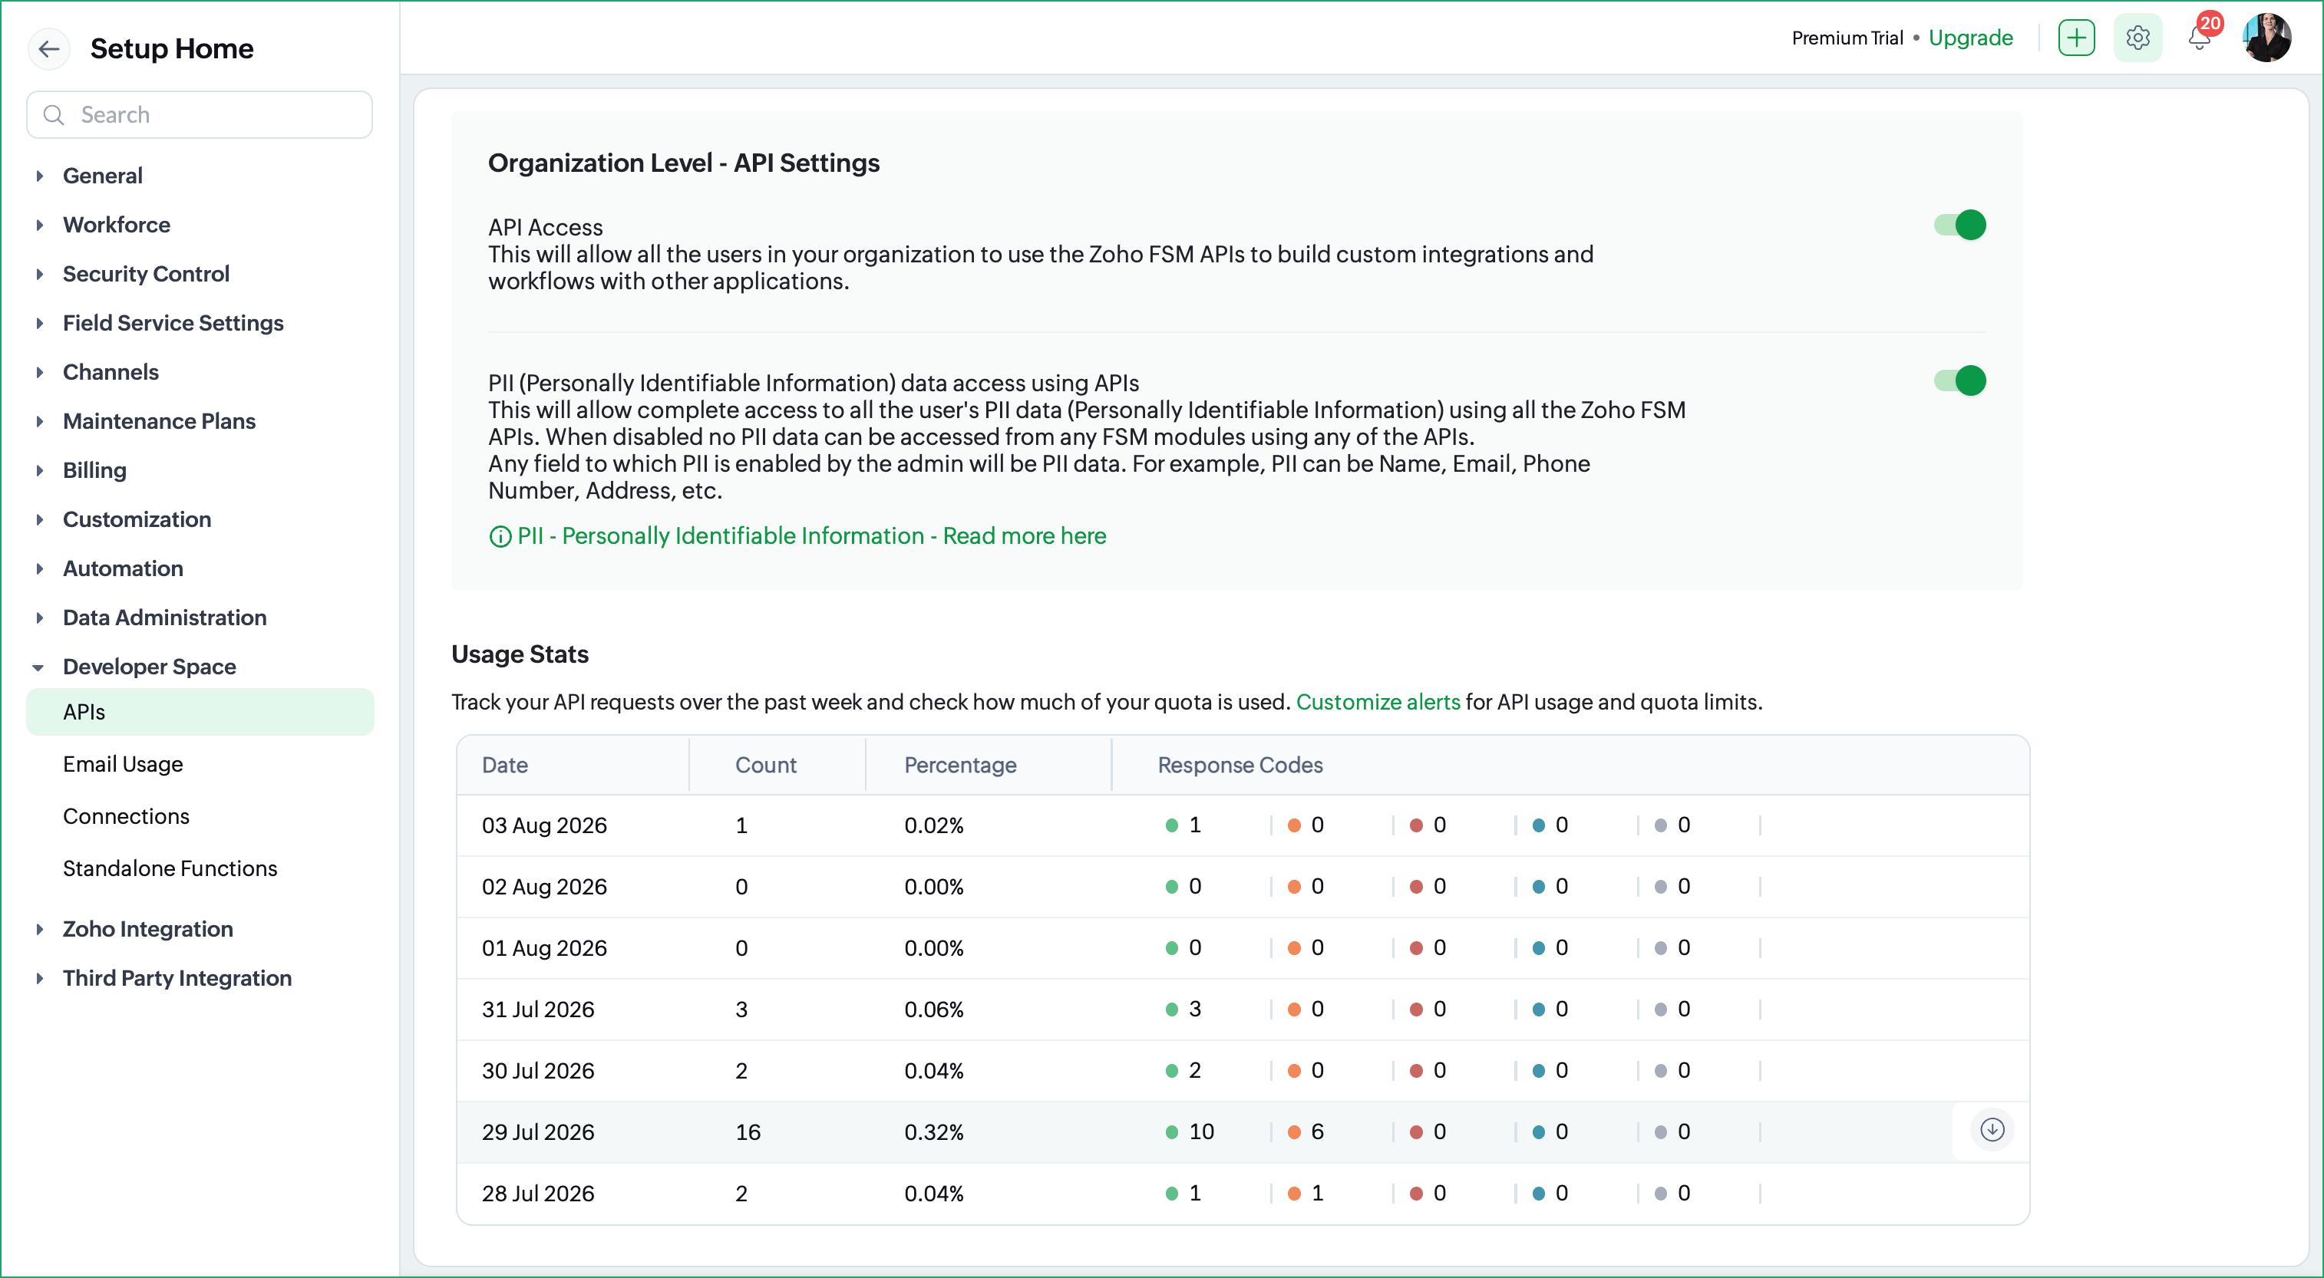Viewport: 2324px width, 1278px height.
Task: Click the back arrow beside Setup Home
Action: click(48, 48)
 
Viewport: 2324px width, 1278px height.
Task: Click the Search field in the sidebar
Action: click(200, 114)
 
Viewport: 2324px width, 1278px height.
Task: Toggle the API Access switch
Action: click(1959, 225)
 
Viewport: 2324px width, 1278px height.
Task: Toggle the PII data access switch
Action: click(1959, 380)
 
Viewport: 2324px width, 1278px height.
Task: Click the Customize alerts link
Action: click(1378, 702)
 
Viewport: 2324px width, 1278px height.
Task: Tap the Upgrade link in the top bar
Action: click(1970, 38)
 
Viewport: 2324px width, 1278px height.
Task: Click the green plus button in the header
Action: click(2077, 38)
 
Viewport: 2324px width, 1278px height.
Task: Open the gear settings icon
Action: click(2138, 38)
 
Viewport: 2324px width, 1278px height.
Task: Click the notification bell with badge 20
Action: click(2200, 38)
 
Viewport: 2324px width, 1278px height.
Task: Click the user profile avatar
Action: click(2267, 38)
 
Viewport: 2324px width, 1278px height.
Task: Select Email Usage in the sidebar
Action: click(123, 764)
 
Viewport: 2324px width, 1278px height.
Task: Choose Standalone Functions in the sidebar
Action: click(170, 868)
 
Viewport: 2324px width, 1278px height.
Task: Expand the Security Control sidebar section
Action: click(146, 273)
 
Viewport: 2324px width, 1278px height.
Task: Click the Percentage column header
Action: click(960, 765)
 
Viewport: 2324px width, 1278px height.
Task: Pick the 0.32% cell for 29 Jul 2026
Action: click(934, 1132)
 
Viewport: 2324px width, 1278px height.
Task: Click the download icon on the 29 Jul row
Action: click(1992, 1129)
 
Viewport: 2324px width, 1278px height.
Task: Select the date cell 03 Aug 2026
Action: click(544, 825)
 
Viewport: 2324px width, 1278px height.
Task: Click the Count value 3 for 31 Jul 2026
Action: click(741, 1010)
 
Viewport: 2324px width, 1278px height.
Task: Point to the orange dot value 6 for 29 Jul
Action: click(1306, 1132)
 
